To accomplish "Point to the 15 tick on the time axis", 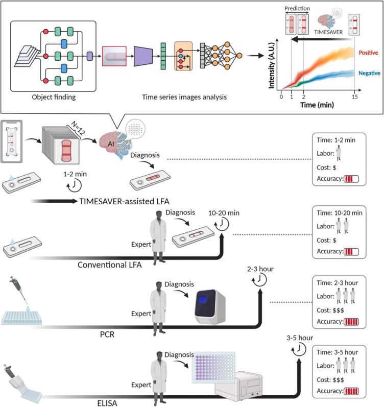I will [354, 98].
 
